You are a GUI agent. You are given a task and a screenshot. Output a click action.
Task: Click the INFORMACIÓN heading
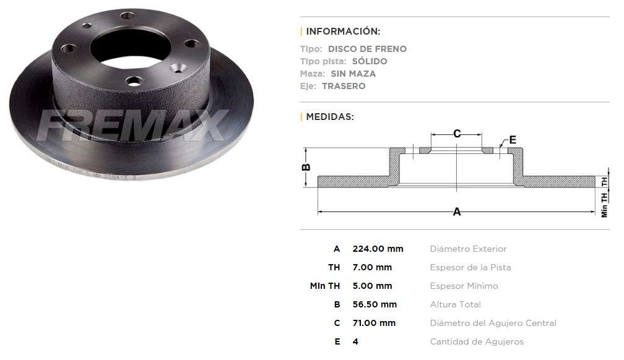coord(343,31)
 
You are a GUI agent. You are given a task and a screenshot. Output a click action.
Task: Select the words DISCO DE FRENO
coord(367,49)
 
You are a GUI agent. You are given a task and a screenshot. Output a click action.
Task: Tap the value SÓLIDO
coord(370,61)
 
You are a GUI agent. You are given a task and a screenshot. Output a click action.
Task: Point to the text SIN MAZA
coord(357,74)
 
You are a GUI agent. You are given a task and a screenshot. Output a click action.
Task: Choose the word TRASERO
coord(344,86)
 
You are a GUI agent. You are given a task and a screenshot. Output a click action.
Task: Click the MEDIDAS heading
coord(330,116)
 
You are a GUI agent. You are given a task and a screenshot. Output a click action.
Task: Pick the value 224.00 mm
coord(378,249)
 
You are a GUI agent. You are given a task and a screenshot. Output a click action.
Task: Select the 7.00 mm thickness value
coord(372,267)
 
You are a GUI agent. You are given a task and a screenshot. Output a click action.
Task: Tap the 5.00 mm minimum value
coord(372,286)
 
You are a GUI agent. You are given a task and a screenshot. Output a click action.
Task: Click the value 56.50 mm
coord(375,304)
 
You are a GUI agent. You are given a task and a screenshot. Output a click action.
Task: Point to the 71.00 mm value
coord(374,323)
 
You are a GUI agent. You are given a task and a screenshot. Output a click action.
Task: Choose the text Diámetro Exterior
coord(468,249)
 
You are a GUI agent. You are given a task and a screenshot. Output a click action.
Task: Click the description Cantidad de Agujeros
coord(477,341)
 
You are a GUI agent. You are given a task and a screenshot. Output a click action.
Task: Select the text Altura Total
coord(455,304)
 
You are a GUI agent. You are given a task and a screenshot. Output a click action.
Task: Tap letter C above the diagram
coord(457,133)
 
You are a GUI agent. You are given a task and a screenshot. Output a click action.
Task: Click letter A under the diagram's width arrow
coord(457,212)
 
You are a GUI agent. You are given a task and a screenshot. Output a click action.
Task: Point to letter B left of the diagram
coord(305,167)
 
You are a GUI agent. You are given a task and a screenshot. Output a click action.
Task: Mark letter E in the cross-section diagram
coord(513,139)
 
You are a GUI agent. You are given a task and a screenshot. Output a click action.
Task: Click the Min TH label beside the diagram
coord(605,205)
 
